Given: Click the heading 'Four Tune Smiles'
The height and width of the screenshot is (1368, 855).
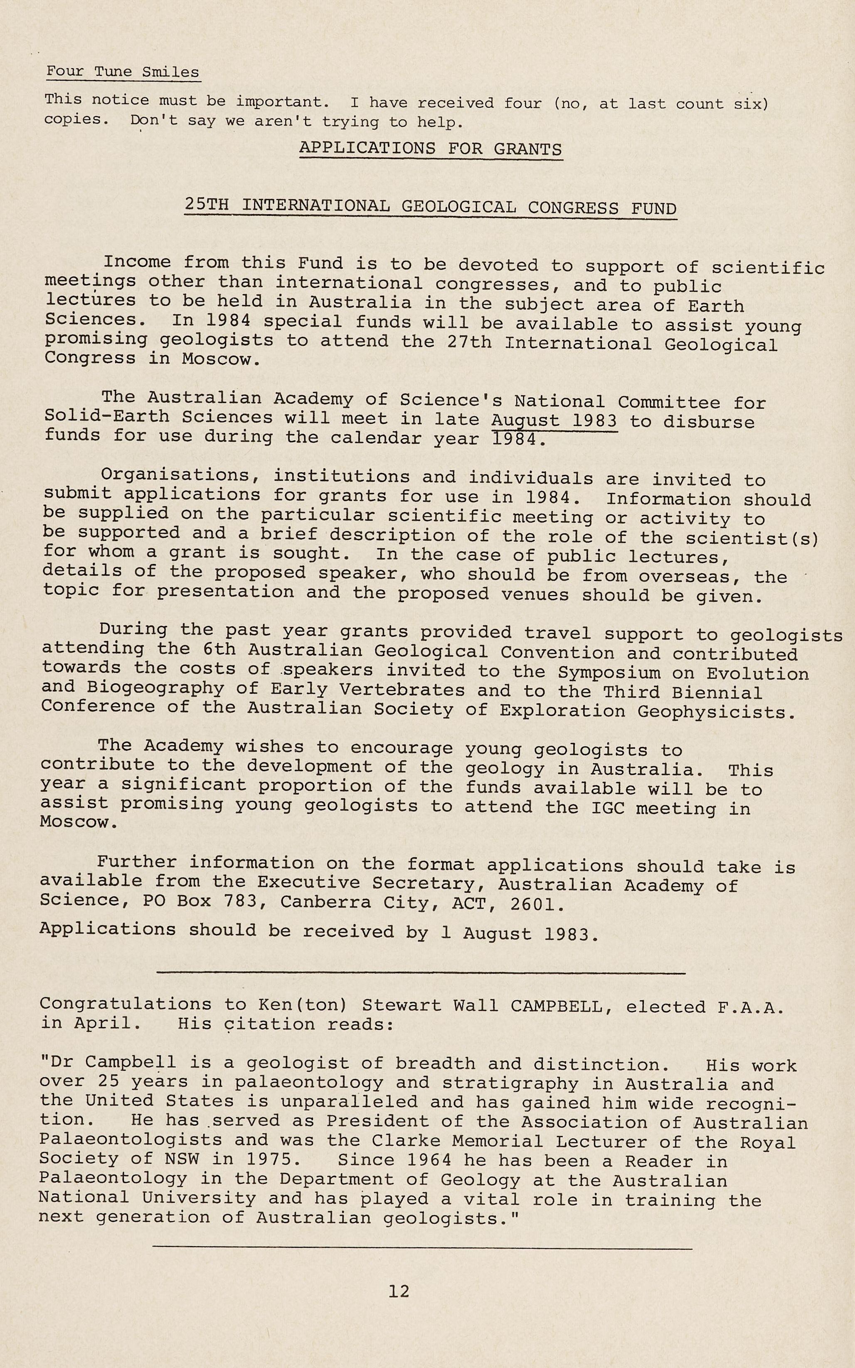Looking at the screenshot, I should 122,72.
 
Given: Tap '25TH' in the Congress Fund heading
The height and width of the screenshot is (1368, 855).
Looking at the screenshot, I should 207,205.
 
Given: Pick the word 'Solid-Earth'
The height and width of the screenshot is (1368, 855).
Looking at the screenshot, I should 106,416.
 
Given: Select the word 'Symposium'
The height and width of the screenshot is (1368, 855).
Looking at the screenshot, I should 609,673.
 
